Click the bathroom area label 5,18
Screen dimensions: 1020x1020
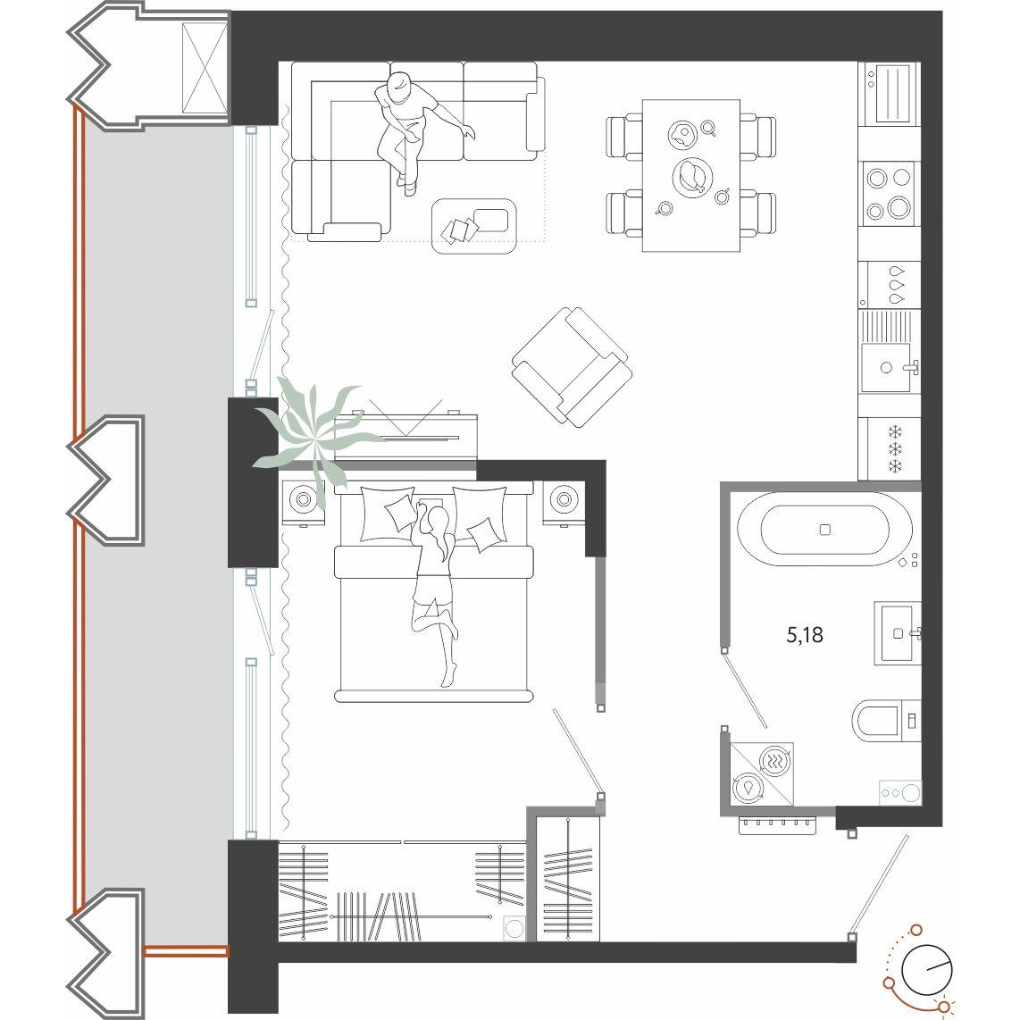[805, 635]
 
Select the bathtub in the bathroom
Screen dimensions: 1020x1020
[825, 529]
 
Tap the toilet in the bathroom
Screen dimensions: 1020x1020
[886, 721]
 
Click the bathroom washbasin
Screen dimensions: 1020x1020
[898, 633]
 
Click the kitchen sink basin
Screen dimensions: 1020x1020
[886, 367]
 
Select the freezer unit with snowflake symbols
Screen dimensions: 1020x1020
[890, 449]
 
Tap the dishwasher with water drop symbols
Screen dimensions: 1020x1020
[890, 285]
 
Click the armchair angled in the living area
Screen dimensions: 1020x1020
[572, 367]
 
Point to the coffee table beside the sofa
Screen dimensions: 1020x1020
[473, 226]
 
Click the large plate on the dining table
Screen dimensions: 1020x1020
[692, 176]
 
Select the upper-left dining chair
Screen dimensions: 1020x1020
[624, 136]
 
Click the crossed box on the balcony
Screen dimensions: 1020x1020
[205, 69]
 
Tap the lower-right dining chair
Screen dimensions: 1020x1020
[757, 213]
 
